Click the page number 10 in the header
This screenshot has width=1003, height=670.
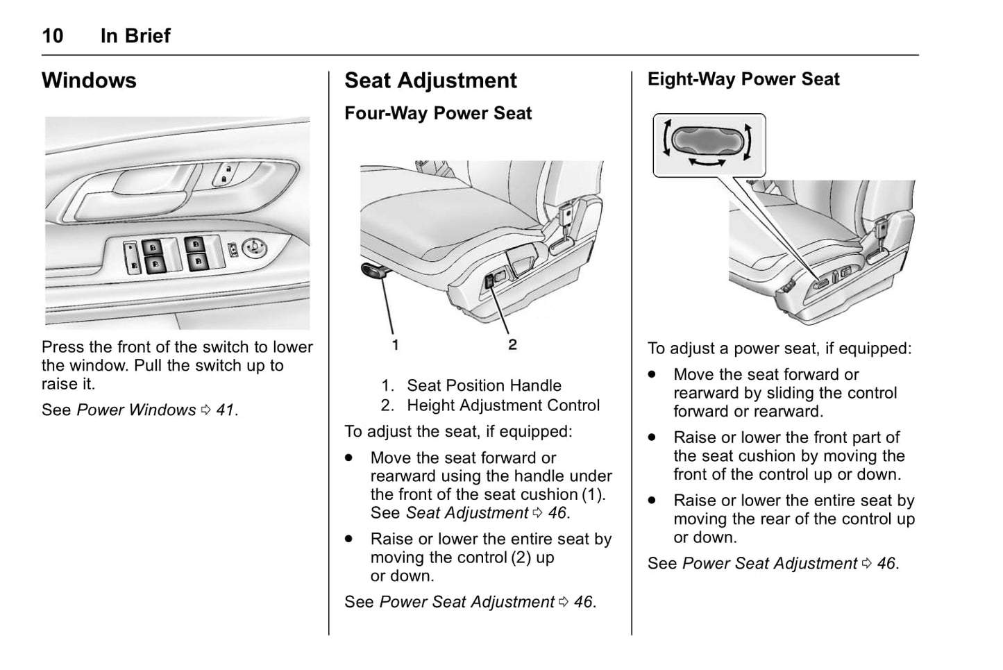tap(53, 35)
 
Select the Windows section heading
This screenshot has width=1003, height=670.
tap(89, 81)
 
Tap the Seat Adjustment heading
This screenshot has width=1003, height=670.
tap(430, 81)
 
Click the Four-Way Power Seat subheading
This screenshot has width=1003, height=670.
tap(438, 113)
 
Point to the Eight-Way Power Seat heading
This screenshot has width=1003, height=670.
tap(743, 79)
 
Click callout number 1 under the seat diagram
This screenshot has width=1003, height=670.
tap(395, 344)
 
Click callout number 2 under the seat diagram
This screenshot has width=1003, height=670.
tap(512, 344)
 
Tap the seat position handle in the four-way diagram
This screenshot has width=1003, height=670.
tap(374, 271)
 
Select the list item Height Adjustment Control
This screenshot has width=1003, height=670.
tap(503, 405)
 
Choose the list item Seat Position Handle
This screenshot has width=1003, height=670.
tap(484, 385)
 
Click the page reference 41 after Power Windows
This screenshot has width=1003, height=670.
tap(225, 410)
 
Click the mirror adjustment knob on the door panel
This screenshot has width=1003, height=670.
tap(255, 246)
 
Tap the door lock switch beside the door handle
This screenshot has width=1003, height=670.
tap(226, 174)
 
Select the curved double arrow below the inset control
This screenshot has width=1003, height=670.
tap(707, 162)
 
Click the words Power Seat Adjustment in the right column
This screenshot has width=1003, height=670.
tap(770, 564)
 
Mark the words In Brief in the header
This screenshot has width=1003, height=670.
tap(135, 35)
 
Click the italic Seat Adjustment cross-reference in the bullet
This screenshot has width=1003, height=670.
tap(466, 513)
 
